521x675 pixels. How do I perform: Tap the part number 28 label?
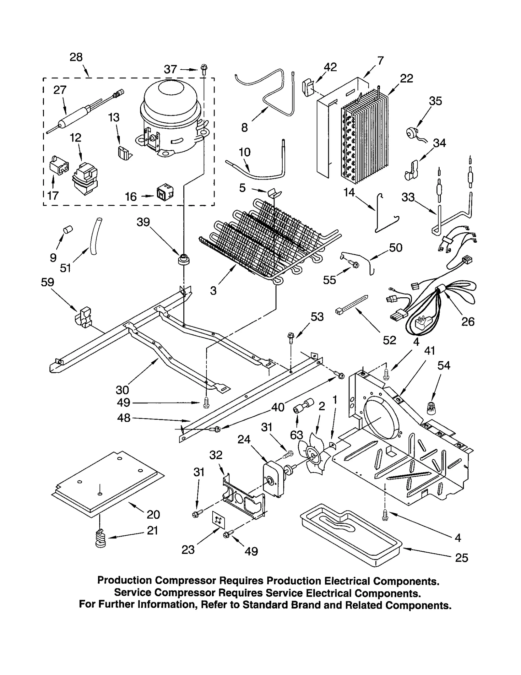[76, 57]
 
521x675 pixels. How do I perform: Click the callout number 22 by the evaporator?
[406, 78]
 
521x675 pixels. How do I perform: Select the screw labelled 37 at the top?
[204, 69]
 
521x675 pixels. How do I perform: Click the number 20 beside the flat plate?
[153, 514]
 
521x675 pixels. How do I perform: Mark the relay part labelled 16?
[165, 193]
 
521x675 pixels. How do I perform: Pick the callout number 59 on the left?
[47, 282]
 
